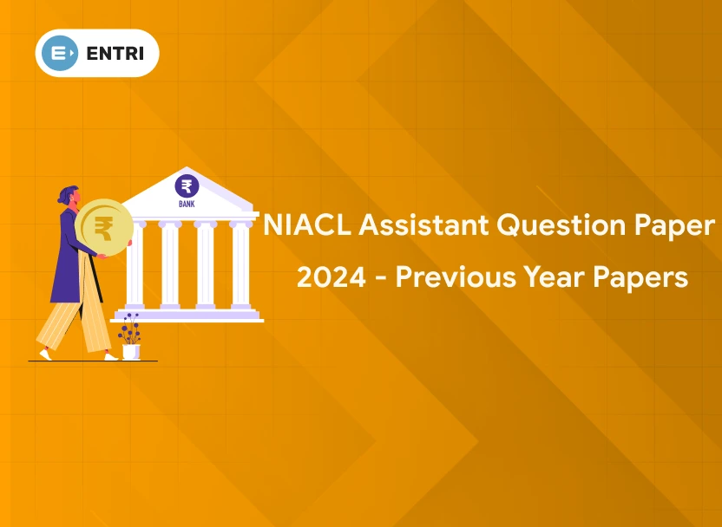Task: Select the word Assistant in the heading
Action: (423, 225)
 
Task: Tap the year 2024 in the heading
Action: (331, 277)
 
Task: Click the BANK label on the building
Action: (187, 205)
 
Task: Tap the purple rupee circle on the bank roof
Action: (187, 186)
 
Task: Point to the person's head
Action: (69, 194)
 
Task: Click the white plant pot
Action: (130, 351)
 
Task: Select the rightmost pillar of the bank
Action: (240, 264)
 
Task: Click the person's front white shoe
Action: (110, 356)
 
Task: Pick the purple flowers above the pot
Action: (130, 328)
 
